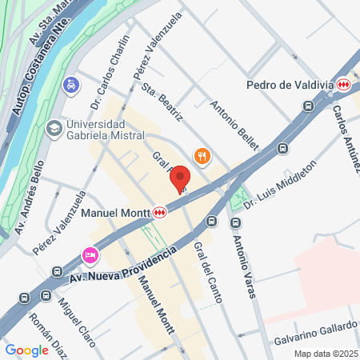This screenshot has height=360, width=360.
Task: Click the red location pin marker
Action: [x=180, y=178]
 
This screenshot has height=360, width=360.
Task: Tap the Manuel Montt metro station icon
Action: [x=160, y=213]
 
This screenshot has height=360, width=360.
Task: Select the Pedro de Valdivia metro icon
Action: [x=344, y=84]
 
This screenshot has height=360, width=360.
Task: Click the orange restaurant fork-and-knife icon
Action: [x=202, y=157]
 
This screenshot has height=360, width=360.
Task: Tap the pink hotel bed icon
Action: [x=90, y=255]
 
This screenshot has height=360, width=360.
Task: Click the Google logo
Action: [x=26, y=350]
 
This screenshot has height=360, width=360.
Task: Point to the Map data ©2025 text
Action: [x=325, y=354]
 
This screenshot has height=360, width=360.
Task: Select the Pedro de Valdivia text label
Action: [x=290, y=84]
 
